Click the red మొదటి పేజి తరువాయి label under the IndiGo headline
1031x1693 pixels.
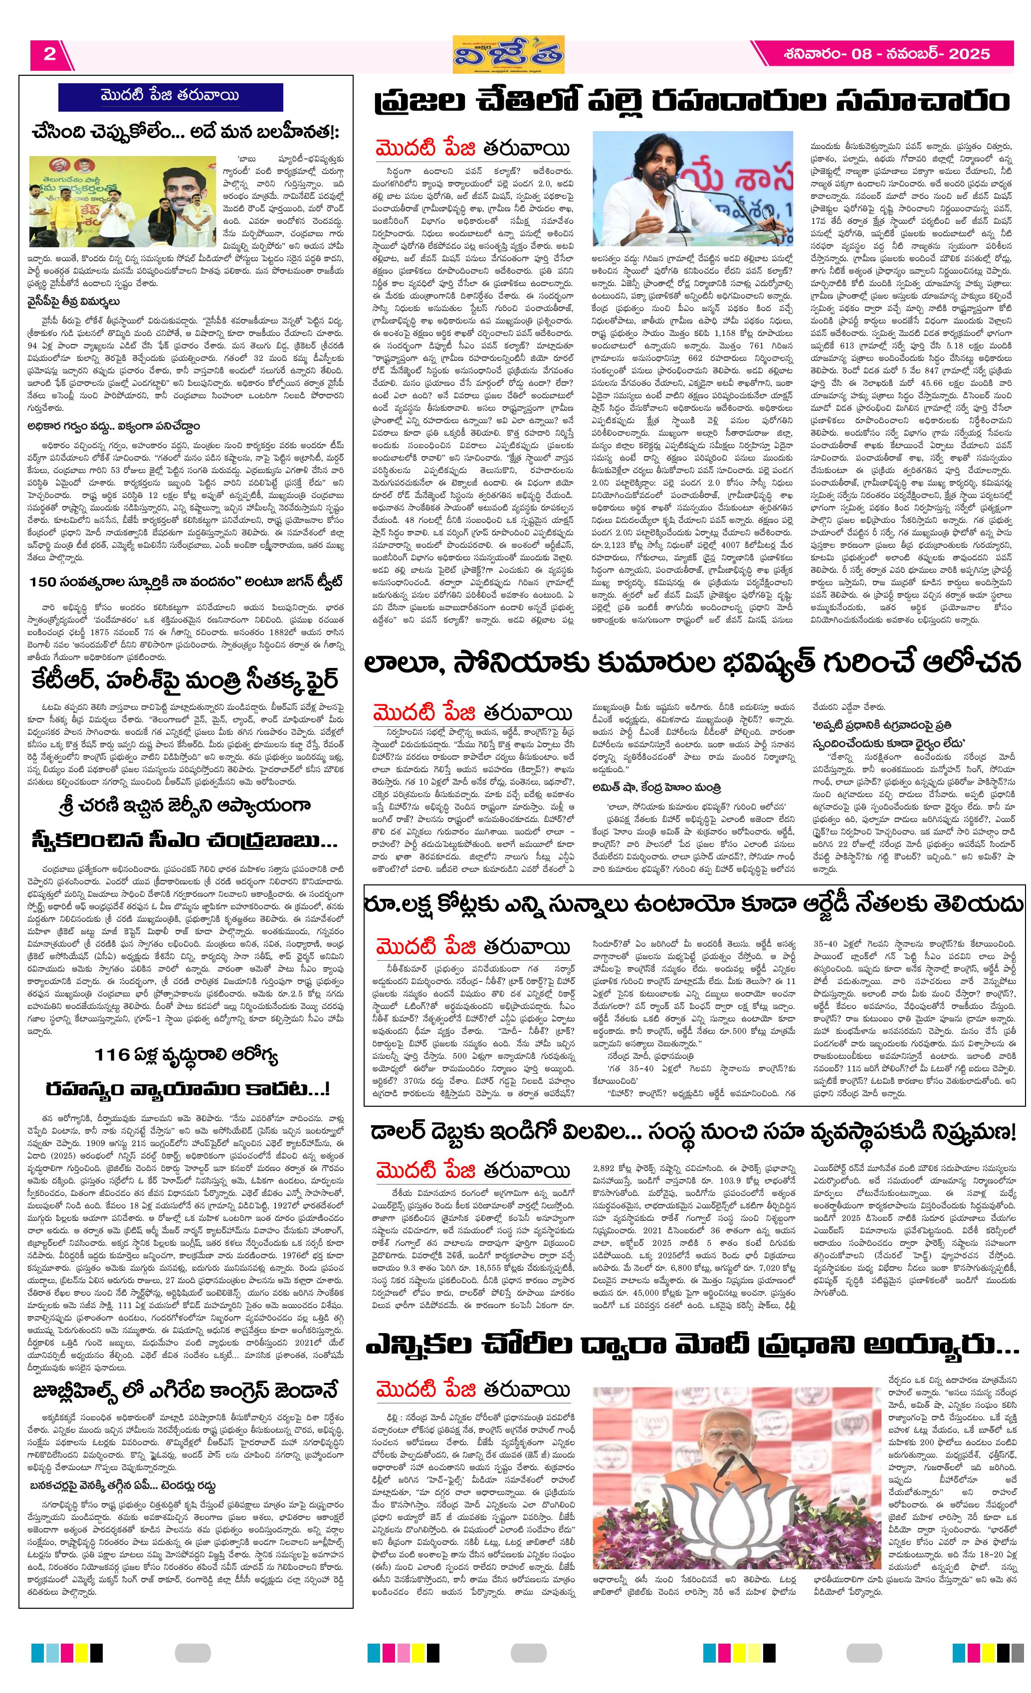tap(473, 1171)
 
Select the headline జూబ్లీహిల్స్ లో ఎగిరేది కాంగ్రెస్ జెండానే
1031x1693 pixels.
tap(186, 1391)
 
